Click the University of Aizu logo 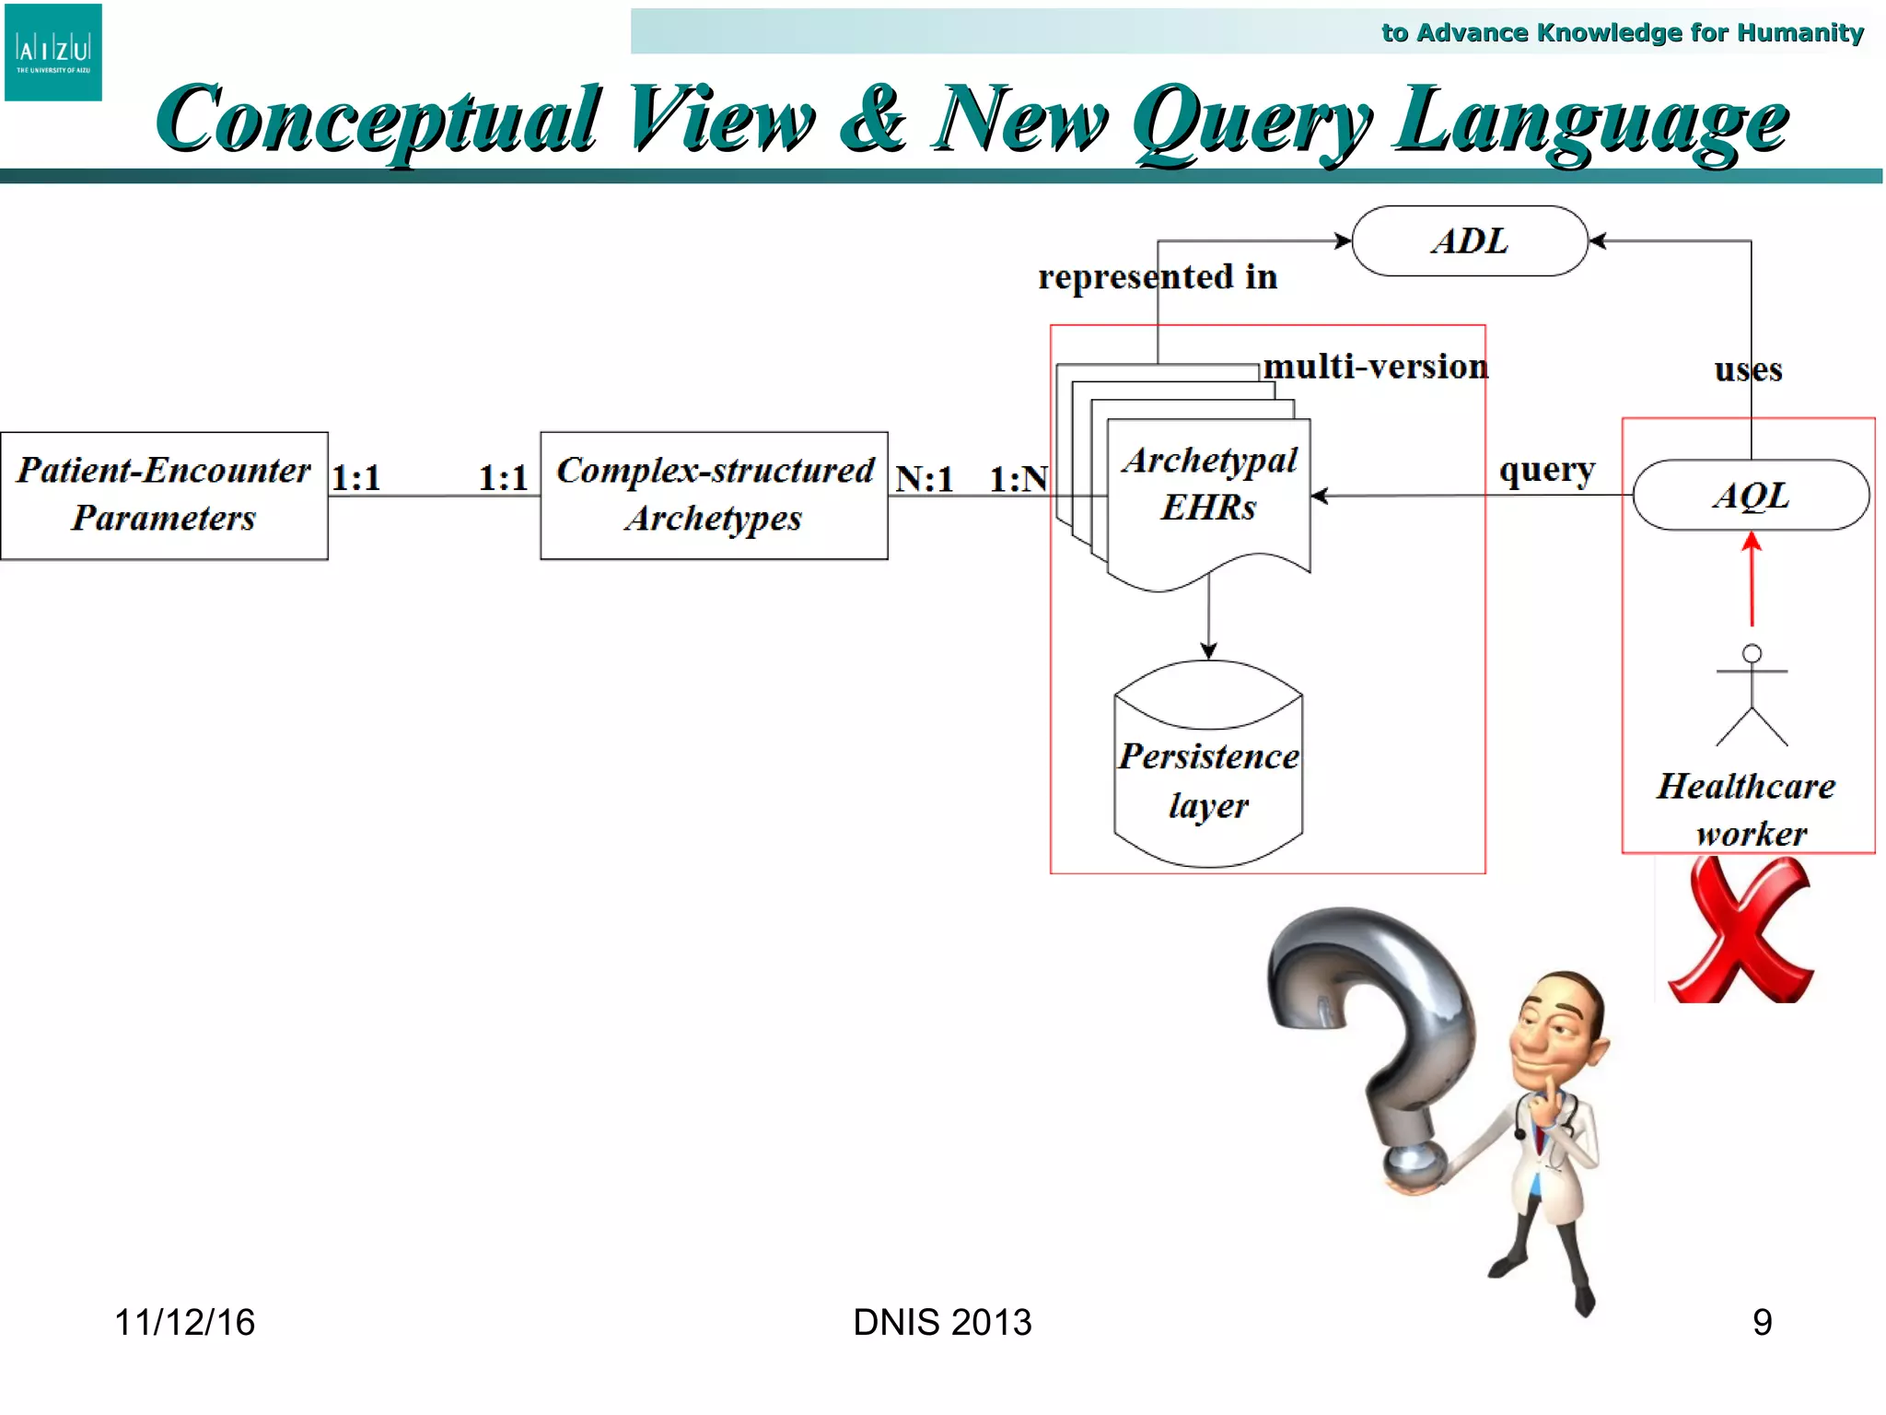[x=53, y=53]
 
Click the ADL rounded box [x=1470, y=241]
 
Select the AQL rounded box [x=1751, y=496]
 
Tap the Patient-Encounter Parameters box [x=164, y=496]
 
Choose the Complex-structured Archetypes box [x=715, y=496]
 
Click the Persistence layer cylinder [x=1208, y=765]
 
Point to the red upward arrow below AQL [x=1752, y=580]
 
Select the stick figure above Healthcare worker [x=1752, y=696]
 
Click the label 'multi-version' [x=1375, y=367]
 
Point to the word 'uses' [x=1748, y=369]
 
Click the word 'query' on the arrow [x=1547, y=470]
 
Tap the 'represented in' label [x=1158, y=276]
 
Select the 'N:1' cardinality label [x=925, y=478]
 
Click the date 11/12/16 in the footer [x=184, y=1322]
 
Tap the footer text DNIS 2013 [x=942, y=1322]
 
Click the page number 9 [x=1762, y=1322]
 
